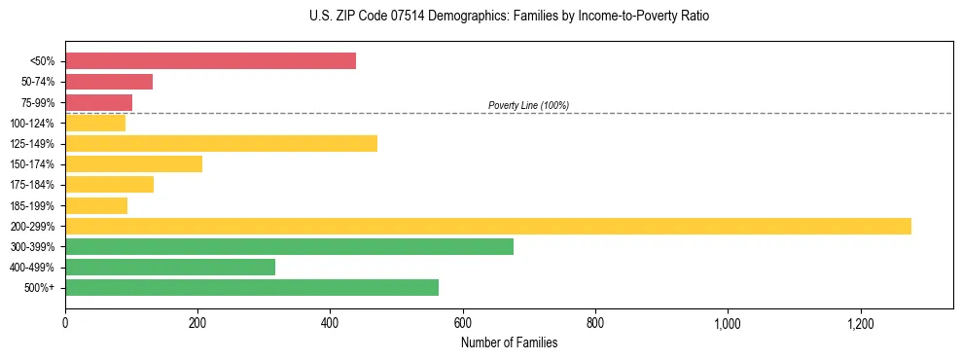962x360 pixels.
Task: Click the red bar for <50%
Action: tap(210, 61)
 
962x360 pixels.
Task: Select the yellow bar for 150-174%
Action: tap(133, 164)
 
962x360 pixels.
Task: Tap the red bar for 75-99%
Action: tap(98, 102)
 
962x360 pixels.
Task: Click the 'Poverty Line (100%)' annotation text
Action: tap(528, 105)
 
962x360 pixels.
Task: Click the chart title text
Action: tap(481, 17)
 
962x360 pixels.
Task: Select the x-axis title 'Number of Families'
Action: tap(509, 342)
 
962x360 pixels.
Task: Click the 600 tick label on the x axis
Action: tap(463, 322)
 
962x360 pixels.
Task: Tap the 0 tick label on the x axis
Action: tap(65, 322)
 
